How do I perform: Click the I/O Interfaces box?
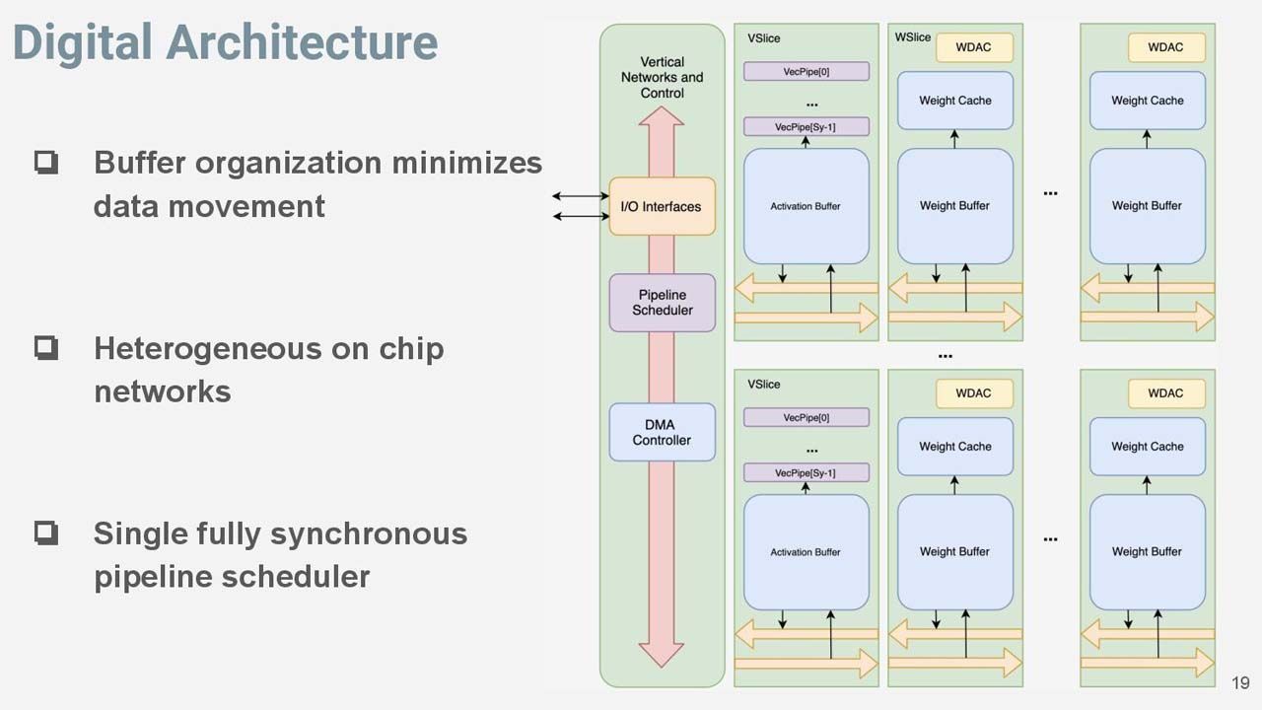(x=662, y=206)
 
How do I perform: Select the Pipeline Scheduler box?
(x=662, y=303)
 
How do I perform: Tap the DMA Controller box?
(x=662, y=432)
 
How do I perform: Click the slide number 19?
(x=1240, y=683)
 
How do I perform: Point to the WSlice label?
(x=913, y=37)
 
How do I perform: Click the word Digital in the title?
(x=82, y=42)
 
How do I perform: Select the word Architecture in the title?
(x=302, y=42)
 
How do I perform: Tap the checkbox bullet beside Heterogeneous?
(x=46, y=348)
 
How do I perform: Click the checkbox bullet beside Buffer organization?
(x=46, y=163)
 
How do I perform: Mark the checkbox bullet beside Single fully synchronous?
(x=46, y=532)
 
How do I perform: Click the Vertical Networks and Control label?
(x=662, y=77)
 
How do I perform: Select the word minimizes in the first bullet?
(x=467, y=163)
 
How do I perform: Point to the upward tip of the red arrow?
(x=662, y=107)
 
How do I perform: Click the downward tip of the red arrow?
(x=662, y=668)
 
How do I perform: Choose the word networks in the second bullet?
(x=163, y=391)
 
